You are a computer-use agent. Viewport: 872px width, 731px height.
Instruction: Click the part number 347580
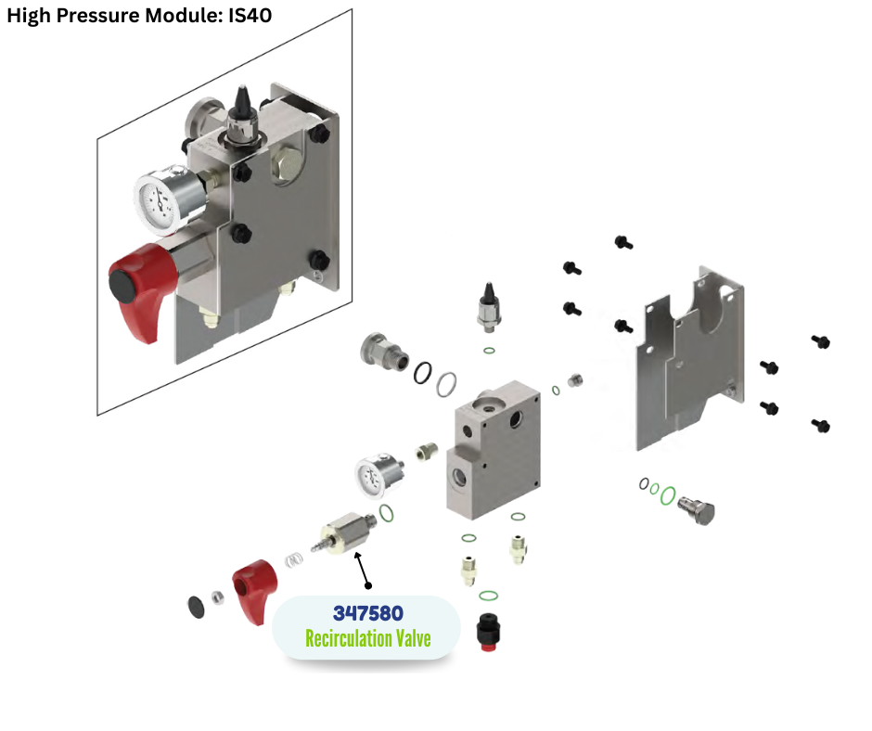click(367, 613)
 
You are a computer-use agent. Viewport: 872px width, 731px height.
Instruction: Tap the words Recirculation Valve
click(367, 638)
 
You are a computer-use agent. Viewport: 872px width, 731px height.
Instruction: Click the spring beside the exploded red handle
click(294, 561)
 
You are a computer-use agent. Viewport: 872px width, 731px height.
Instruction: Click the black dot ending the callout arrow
click(368, 585)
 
